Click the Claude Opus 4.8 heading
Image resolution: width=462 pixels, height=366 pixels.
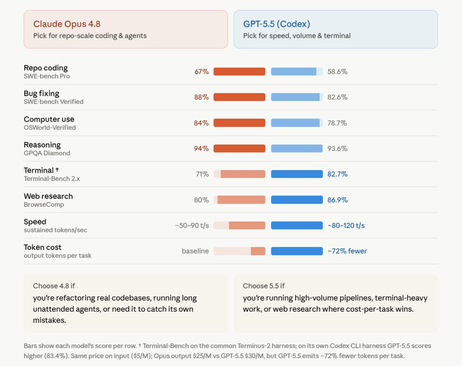[67, 24]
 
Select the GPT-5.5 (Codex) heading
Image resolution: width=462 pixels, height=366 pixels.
[277, 24]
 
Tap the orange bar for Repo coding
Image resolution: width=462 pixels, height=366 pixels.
[239, 71]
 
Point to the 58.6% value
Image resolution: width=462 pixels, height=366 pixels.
[338, 71]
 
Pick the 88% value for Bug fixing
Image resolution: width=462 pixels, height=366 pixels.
[201, 97]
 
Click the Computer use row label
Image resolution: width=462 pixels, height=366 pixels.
[49, 119]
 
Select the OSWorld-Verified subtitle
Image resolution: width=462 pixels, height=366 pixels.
[50, 127]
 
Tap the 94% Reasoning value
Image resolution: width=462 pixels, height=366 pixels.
[201, 148]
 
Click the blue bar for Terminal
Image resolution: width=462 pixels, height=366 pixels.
[297, 174]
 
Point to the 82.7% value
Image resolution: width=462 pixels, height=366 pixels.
[338, 174]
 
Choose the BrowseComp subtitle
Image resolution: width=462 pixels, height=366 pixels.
[44, 205]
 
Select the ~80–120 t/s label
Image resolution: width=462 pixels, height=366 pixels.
[346, 226]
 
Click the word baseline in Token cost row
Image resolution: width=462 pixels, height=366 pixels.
[195, 251]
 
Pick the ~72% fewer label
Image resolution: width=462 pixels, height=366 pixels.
[347, 251]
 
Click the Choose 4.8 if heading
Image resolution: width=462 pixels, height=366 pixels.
[54, 286]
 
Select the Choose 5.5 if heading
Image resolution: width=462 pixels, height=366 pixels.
[264, 286]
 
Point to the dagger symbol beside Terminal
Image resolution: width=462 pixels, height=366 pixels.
[57, 170]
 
